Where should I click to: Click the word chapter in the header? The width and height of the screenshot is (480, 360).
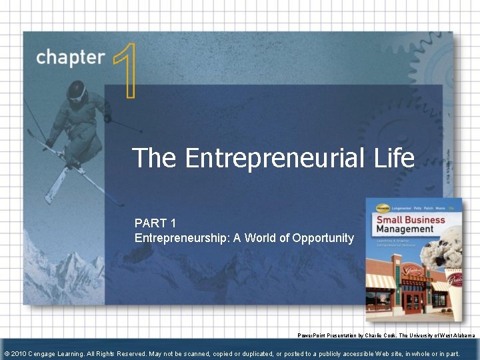click(x=71, y=57)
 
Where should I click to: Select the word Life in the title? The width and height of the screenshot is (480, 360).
click(x=393, y=158)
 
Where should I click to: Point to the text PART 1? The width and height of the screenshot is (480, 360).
click(x=156, y=223)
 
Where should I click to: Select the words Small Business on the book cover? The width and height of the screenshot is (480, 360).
click(x=412, y=220)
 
